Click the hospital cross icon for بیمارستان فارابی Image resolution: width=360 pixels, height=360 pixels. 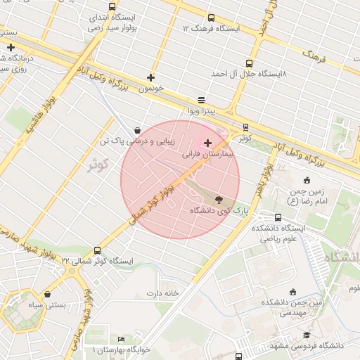pyautogui.click(x=207, y=143)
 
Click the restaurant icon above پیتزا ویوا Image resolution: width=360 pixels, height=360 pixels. pyautogui.click(x=202, y=99)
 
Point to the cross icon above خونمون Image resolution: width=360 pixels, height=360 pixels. pyautogui.click(x=150, y=77)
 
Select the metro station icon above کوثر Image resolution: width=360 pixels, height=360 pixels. pyautogui.click(x=245, y=127)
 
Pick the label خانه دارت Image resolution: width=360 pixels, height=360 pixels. pyautogui.click(x=163, y=292)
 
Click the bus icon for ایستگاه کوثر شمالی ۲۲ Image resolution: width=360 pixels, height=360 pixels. pyautogui.click(x=97, y=250)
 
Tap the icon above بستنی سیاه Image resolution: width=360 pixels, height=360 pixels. pyautogui.click(x=47, y=294)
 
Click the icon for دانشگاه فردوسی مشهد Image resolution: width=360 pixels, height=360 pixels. pyautogui.click(x=306, y=335)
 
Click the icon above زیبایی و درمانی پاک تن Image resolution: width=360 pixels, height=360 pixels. pyautogui.click(x=136, y=129)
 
